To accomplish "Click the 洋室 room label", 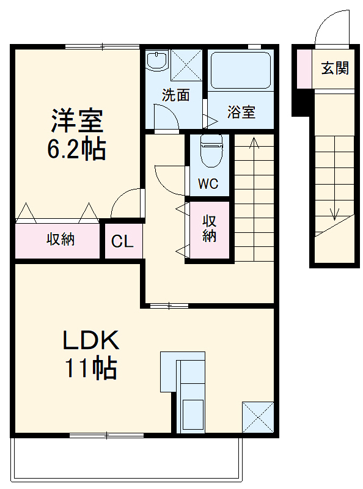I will point(76,120).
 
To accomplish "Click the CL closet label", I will point(122,241).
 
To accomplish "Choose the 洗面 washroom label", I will point(175,95).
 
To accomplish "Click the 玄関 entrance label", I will point(335,68).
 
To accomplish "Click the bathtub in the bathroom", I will point(240,72).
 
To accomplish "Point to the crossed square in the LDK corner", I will point(257,417).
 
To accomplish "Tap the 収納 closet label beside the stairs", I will point(210,228).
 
